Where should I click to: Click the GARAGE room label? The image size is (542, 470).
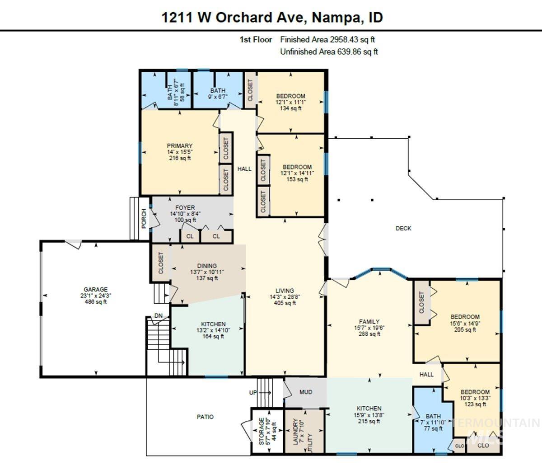[95, 290]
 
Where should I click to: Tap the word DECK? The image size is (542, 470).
[403, 228]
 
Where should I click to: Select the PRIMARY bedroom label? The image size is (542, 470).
[179, 146]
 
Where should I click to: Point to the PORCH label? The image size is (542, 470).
[144, 218]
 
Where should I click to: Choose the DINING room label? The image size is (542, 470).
[207, 266]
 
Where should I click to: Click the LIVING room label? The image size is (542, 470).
[285, 291]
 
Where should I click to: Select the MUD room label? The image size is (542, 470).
[306, 392]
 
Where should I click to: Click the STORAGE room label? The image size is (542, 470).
[262, 431]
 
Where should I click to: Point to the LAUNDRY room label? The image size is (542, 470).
[296, 432]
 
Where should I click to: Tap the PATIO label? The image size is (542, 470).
[205, 417]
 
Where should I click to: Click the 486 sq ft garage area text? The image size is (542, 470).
[95, 302]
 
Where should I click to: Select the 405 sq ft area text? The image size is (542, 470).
[285, 303]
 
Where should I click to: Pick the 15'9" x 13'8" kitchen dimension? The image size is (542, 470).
[369, 415]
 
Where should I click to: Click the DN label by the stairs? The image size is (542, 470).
[159, 315]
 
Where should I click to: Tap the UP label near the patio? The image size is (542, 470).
[253, 393]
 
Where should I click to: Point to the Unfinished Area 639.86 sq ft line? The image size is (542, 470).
[329, 52]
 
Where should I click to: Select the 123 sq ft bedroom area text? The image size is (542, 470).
[475, 404]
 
